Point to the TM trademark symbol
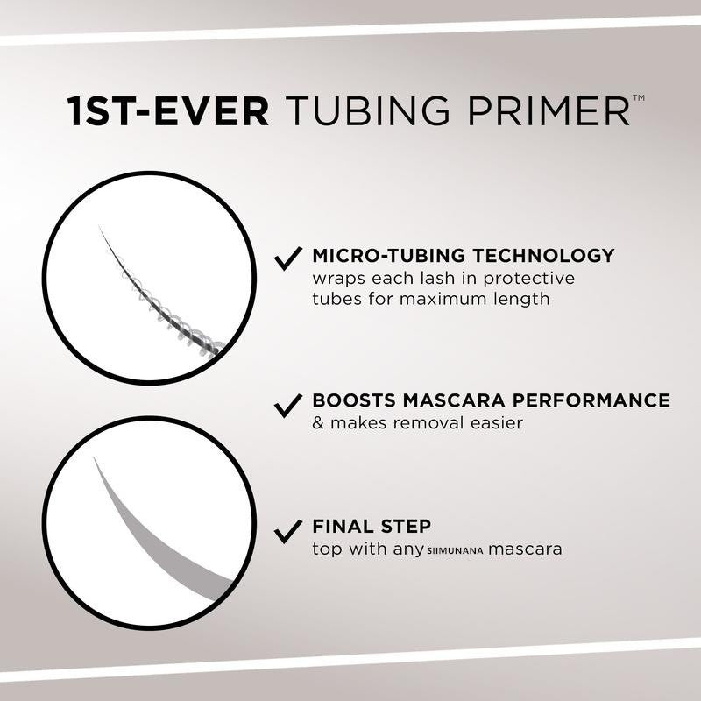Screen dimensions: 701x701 point(638,99)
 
